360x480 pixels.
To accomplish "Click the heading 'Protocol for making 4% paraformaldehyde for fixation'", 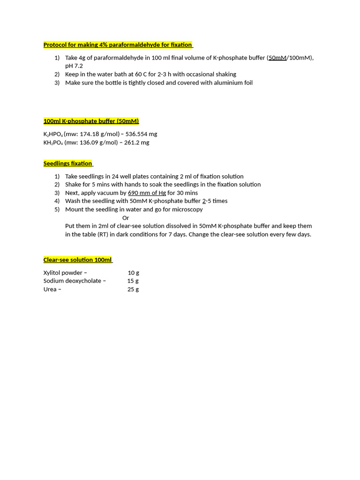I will (x=118, y=45).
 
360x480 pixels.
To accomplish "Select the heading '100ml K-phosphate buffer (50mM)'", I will (x=91, y=121).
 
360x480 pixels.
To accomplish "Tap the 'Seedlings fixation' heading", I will (x=67, y=164).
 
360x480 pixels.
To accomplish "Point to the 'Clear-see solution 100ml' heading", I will (x=77, y=260).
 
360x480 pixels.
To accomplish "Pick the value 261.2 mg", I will (x=136, y=142).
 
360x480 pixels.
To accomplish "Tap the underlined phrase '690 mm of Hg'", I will (x=147, y=193).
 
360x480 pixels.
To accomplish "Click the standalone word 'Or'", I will (x=126, y=218).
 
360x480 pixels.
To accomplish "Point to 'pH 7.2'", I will (x=74, y=66).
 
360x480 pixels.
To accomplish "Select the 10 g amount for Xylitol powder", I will (x=133, y=273).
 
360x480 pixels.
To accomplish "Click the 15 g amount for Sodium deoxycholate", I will (x=133, y=281).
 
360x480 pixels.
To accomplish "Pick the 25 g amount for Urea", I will (x=133, y=289).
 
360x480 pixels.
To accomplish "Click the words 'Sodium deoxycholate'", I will (x=72, y=281).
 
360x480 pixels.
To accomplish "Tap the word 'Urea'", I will (x=50, y=289).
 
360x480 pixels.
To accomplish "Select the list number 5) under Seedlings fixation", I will (x=57, y=210).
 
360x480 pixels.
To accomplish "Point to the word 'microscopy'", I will (x=187, y=210).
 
